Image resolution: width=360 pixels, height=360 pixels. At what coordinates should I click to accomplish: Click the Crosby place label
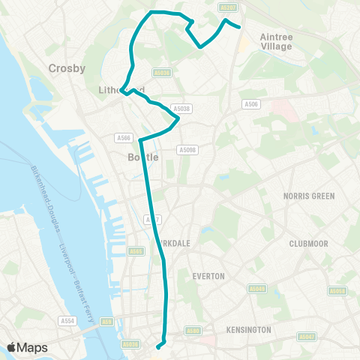click(67, 67)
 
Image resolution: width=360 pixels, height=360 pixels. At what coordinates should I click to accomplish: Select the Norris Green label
click(308, 196)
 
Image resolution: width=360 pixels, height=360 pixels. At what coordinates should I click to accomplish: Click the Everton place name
click(208, 276)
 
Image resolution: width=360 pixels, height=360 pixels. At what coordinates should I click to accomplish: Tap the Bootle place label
click(144, 157)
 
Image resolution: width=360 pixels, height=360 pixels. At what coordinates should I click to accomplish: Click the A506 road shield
click(251, 104)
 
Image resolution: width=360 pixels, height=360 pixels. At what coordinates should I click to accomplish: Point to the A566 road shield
click(124, 138)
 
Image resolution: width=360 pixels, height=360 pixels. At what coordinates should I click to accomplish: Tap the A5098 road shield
click(187, 150)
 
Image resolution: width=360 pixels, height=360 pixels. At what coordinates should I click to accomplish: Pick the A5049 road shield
click(257, 288)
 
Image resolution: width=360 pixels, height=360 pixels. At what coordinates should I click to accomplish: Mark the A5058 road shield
click(337, 290)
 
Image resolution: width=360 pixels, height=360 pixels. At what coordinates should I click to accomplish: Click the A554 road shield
click(68, 320)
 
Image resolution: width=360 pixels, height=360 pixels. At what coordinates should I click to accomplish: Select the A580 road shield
click(193, 330)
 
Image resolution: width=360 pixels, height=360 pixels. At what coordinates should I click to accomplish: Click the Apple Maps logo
click(27, 347)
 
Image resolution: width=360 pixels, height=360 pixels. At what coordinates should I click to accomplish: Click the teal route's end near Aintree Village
click(239, 27)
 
